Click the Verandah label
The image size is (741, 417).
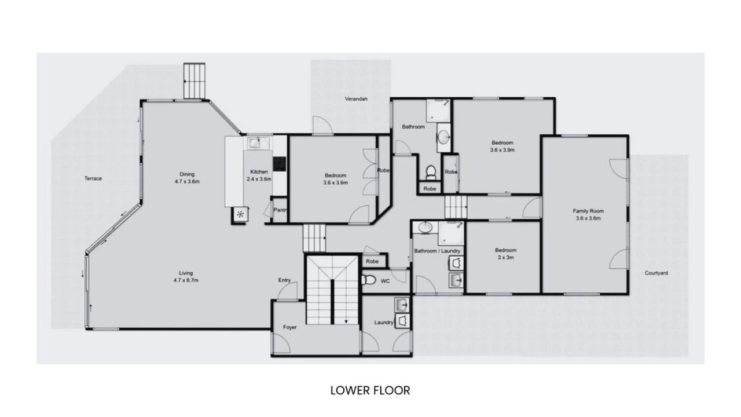click(x=356, y=99)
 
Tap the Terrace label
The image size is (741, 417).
click(x=93, y=178)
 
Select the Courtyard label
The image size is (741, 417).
click(x=656, y=273)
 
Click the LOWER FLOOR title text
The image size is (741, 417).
click(x=370, y=390)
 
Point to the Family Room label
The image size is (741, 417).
click(x=588, y=211)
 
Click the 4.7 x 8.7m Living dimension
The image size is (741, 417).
click(x=186, y=280)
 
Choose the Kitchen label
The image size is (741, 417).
click(x=259, y=172)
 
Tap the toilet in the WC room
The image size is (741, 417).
click(x=369, y=280)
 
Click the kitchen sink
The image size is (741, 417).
click(x=256, y=143)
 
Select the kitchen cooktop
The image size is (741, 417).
click(x=280, y=164)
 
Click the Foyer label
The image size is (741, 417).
click(x=290, y=327)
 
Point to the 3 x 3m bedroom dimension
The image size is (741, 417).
click(x=506, y=258)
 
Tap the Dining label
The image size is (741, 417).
click(x=187, y=174)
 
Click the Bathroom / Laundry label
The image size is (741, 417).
click(x=437, y=251)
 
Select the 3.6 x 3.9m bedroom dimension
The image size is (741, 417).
click(x=502, y=150)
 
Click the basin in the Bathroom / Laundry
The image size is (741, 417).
click(x=425, y=228)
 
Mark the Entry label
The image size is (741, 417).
click(x=284, y=280)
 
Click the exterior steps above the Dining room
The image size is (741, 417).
click(x=195, y=81)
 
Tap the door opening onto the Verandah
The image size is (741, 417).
click(x=322, y=126)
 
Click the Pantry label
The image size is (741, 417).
click(x=280, y=210)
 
